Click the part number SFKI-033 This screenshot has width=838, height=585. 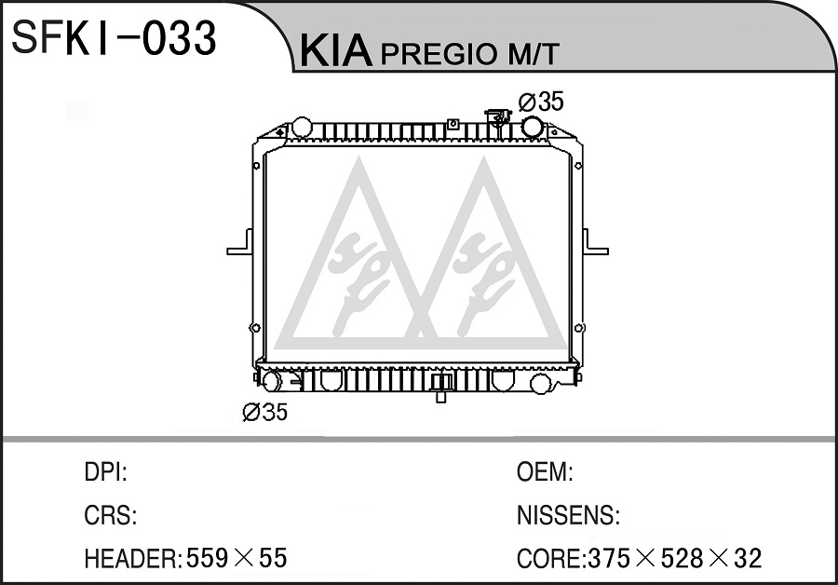tap(114, 37)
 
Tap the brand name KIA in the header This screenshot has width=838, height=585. tap(335, 51)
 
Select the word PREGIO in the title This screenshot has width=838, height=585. tap(439, 53)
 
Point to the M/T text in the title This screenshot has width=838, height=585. tap(533, 53)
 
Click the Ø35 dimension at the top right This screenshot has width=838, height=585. tap(541, 102)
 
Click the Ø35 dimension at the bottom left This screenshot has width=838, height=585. tap(265, 412)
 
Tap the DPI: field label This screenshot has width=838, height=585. tap(105, 472)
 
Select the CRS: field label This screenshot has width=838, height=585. tap(110, 515)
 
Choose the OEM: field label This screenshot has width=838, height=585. tap(545, 472)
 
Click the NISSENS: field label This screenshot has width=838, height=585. tap(568, 515)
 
